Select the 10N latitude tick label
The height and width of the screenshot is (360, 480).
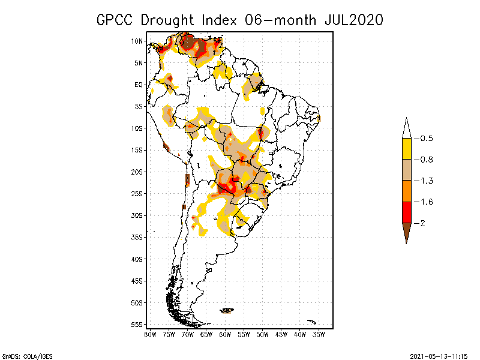138,41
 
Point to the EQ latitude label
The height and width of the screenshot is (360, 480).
139,85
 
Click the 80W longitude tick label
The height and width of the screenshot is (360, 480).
150,334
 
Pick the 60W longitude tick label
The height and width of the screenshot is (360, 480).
225,334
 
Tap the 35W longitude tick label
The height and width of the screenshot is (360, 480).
319,334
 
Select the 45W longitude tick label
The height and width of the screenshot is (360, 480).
281,334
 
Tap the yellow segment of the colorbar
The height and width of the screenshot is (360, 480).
406,149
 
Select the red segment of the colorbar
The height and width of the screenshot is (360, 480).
406,212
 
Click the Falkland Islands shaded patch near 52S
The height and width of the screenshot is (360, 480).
227,310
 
